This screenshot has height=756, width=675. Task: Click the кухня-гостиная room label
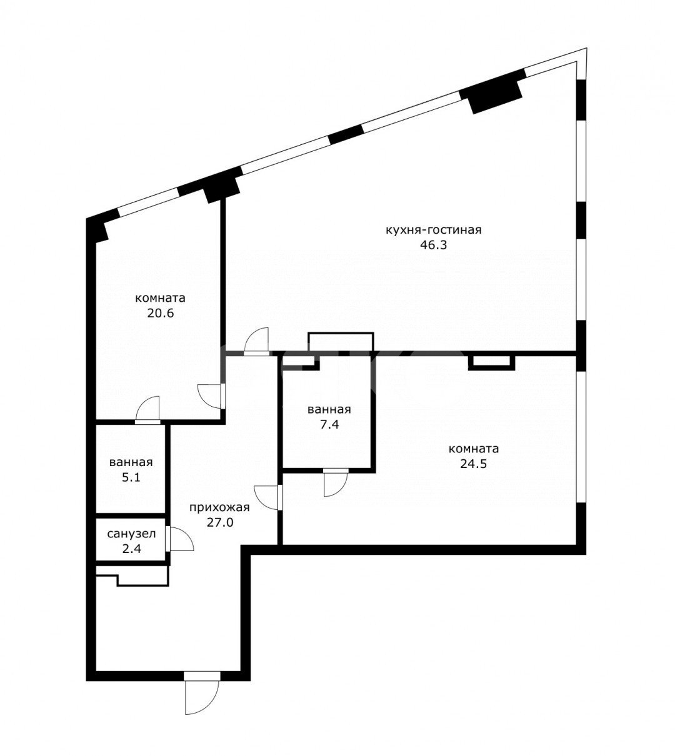coord(434,230)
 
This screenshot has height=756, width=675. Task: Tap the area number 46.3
coord(434,245)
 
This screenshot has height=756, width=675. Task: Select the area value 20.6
coord(161,313)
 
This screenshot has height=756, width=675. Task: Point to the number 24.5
coord(474,464)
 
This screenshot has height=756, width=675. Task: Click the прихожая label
coord(219,507)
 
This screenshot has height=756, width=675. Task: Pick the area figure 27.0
coord(220,522)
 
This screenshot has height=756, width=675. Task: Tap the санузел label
coord(131,534)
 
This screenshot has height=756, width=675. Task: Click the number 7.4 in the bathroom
coord(329,425)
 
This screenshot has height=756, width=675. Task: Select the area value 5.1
coord(131,477)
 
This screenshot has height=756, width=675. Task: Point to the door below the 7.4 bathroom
coord(336,482)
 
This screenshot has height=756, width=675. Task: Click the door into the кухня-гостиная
coord(256,341)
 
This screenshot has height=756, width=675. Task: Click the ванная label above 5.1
coord(131,462)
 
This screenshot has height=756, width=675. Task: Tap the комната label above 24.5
coord(474,449)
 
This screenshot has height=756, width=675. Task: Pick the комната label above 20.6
coord(160,298)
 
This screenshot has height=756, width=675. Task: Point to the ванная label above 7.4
coord(329,410)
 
